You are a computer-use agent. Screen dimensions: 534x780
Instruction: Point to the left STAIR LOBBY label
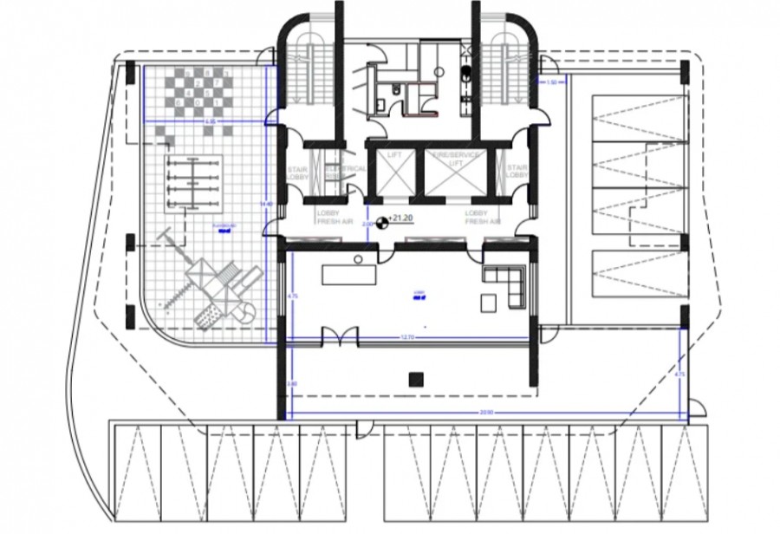[x=297, y=172]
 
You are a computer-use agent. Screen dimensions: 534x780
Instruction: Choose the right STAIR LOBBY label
[x=517, y=172]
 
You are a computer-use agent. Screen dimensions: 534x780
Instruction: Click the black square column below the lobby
[x=415, y=377]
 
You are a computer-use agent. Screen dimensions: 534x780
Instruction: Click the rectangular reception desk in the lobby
[x=349, y=275]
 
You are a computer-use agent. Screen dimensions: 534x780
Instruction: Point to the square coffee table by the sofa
[x=490, y=303]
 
